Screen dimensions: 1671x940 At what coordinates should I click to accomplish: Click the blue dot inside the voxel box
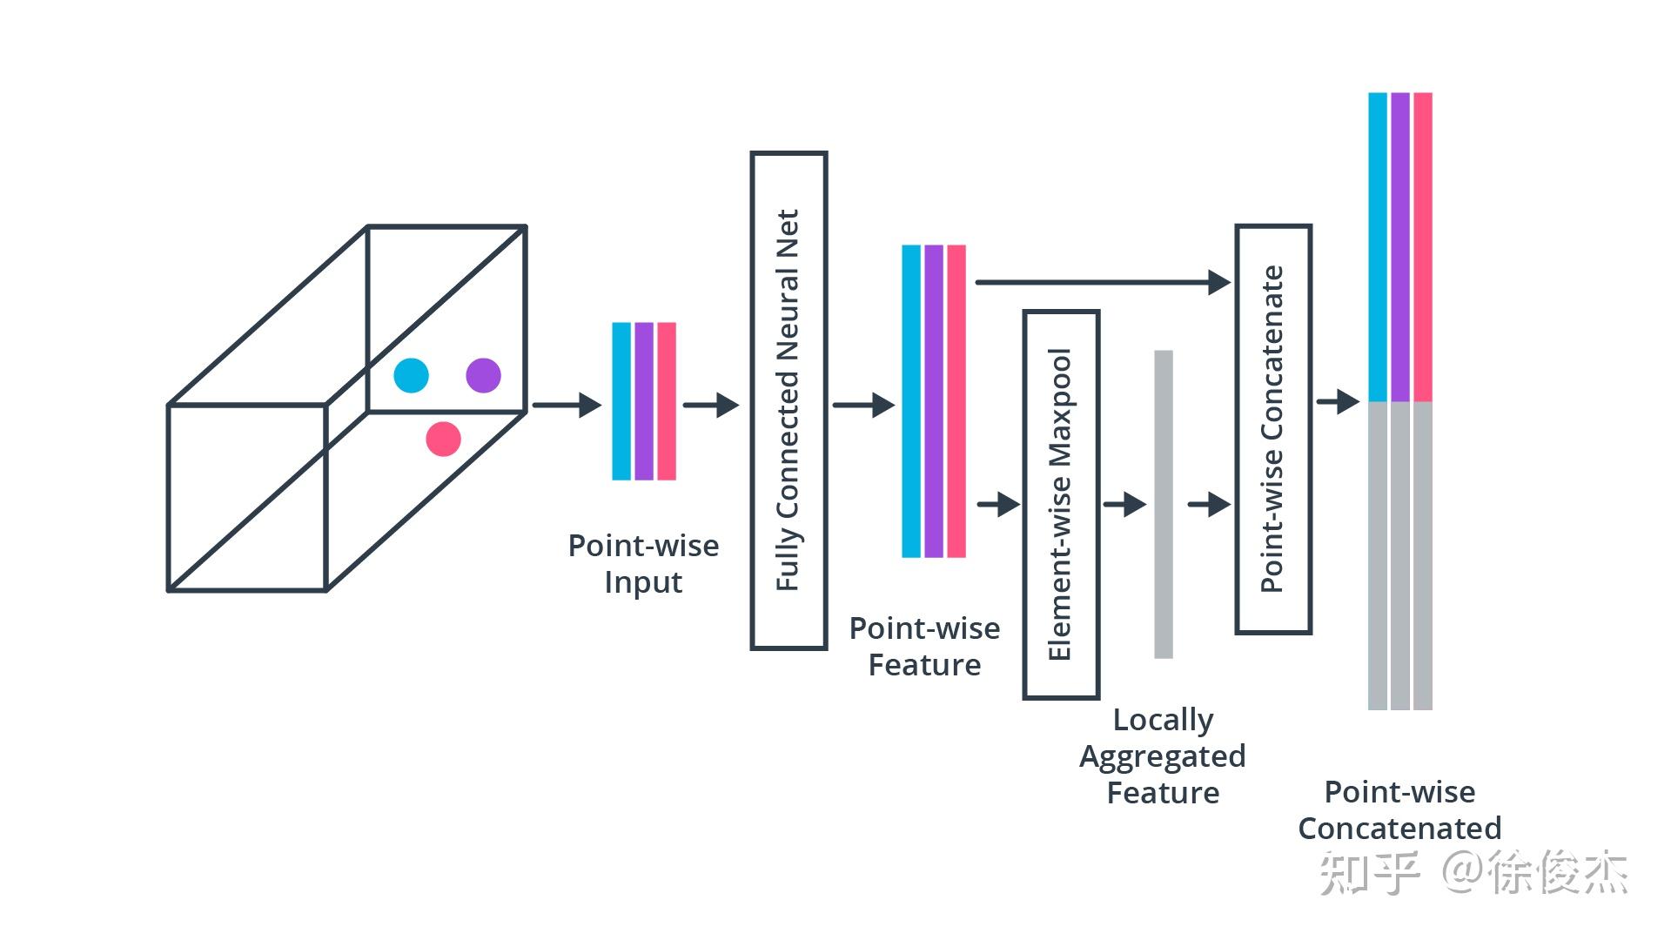click(411, 375)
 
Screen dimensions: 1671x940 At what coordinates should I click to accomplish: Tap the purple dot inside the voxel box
click(483, 375)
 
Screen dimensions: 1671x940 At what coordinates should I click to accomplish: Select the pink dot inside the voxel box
click(443, 439)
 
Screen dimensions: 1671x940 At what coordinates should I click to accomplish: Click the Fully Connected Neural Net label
click(788, 400)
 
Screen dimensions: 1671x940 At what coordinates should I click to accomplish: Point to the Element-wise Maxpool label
click(1060, 505)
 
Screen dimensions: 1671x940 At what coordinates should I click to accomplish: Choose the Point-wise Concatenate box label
click(1272, 429)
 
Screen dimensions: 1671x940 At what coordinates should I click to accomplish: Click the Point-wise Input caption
click(643, 564)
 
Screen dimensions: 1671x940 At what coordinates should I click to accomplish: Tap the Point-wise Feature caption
click(924, 647)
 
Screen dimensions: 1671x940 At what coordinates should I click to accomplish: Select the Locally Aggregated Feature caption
click(1163, 756)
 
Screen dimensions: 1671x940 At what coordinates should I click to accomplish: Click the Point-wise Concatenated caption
click(1399, 809)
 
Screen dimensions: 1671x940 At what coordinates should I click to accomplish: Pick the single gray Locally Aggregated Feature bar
click(1164, 504)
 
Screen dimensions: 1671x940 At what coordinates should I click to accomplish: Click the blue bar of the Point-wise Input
click(621, 401)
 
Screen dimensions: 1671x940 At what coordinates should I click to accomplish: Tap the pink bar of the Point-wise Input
click(667, 401)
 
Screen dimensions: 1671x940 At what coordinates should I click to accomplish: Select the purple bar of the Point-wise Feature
click(934, 401)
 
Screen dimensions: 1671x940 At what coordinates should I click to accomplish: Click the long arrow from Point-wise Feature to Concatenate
click(1104, 282)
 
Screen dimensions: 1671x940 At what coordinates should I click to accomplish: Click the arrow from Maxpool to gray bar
click(1124, 504)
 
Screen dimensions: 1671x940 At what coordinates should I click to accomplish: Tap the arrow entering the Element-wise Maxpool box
click(998, 504)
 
